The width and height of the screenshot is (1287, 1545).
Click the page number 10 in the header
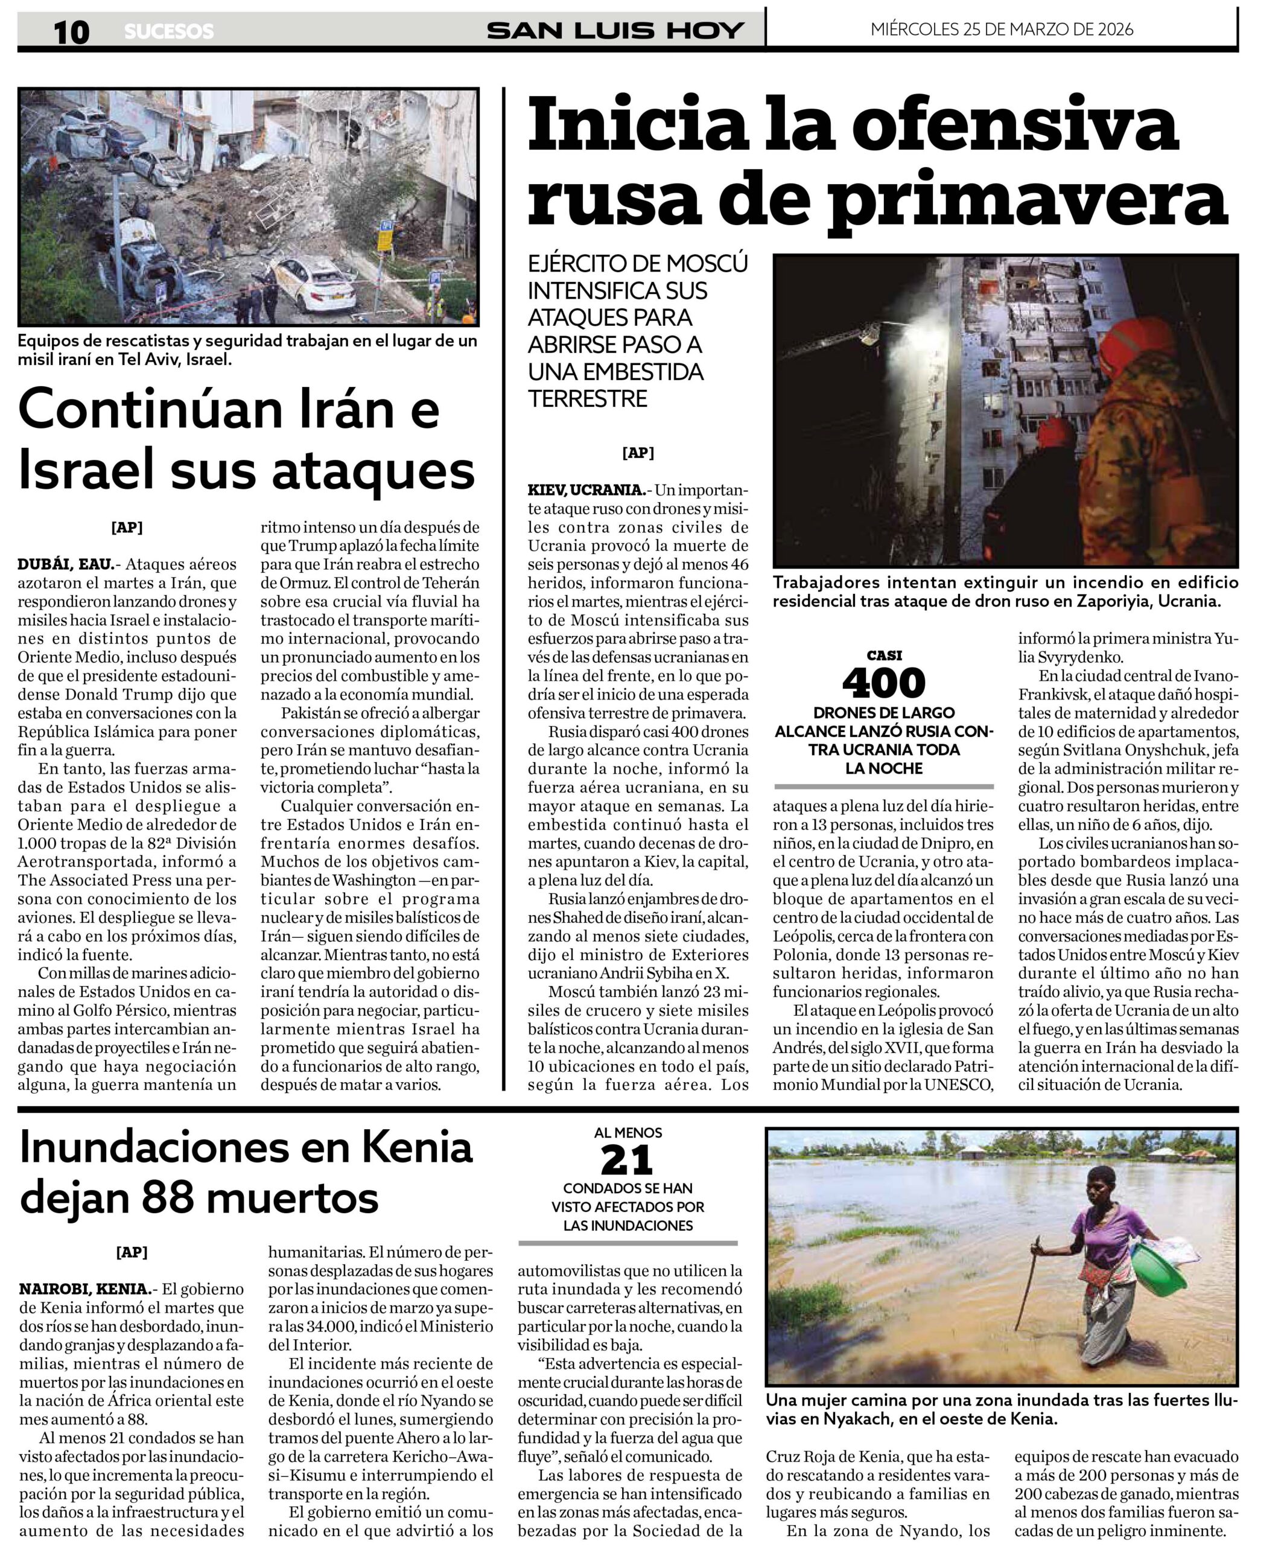coord(71,31)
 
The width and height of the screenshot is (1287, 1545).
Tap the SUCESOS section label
coord(168,31)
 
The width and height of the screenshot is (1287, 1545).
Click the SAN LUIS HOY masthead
coord(615,30)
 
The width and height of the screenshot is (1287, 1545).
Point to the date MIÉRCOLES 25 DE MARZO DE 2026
coord(1002,30)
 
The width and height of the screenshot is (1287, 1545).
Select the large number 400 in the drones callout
coord(883,683)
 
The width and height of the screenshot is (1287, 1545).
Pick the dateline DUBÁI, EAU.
coord(65,564)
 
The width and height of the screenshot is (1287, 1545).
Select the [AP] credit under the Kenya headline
coord(132,1252)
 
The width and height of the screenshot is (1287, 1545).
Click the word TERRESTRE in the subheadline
coord(588,399)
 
